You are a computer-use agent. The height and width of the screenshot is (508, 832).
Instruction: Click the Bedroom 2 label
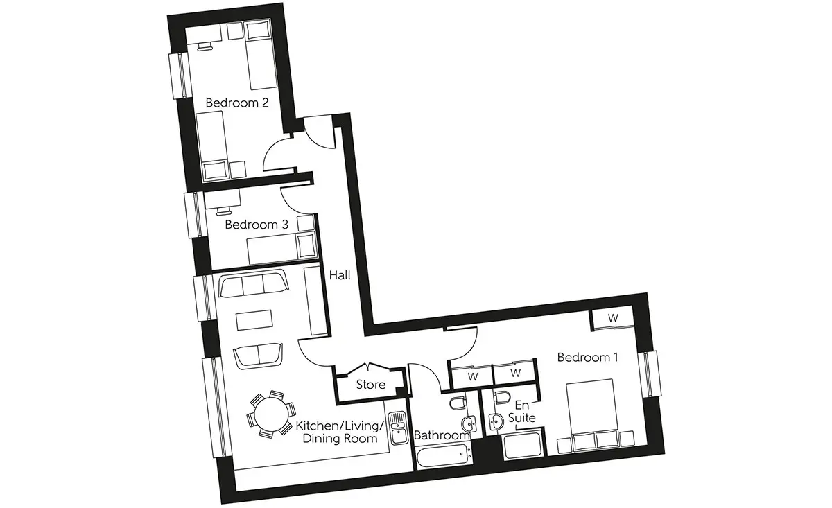tap(237, 103)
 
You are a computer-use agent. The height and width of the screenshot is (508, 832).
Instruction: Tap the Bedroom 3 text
tap(257, 225)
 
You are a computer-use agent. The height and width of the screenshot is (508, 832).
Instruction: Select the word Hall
tap(340, 275)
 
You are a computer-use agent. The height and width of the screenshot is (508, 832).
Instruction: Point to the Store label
tap(371, 385)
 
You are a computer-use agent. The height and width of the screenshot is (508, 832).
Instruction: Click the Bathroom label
tap(442, 435)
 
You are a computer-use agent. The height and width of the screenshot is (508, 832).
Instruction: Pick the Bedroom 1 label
tap(588, 357)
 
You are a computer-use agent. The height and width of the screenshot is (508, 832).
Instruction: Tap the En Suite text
tap(522, 412)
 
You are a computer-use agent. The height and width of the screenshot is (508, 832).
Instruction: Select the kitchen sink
tap(397, 428)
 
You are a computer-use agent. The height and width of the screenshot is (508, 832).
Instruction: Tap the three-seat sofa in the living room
tap(254, 284)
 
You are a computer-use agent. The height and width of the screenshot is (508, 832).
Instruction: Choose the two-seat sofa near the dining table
tap(258, 356)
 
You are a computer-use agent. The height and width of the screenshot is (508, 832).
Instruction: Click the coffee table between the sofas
tap(254, 319)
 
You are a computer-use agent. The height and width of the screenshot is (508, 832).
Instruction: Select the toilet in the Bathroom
tap(458, 403)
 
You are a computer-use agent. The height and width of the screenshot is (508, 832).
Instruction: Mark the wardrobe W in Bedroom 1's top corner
tap(613, 318)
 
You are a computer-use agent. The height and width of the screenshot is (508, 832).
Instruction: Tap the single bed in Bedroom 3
tap(281, 247)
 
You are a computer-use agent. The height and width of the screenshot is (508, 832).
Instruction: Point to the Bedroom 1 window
tap(650, 374)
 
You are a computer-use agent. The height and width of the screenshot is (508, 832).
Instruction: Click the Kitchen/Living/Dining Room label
tap(340, 432)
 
